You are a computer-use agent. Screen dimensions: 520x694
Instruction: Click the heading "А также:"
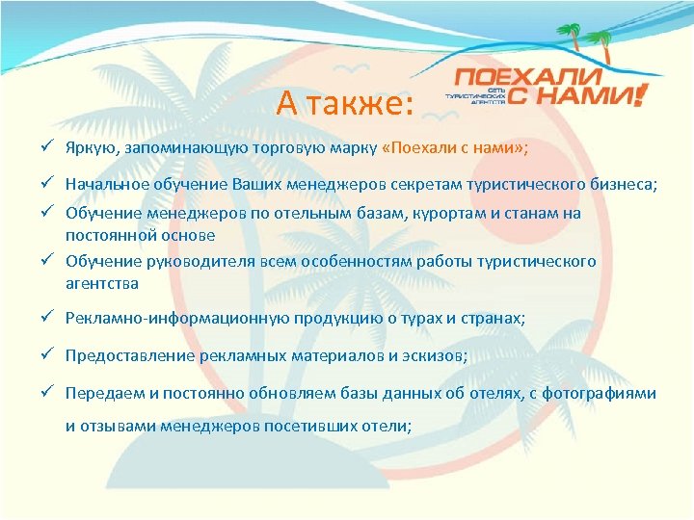[344, 101]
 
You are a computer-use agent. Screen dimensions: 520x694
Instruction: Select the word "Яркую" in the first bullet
[89, 150]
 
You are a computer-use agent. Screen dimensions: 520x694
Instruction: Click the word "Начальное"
[104, 183]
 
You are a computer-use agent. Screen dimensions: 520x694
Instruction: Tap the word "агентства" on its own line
[101, 283]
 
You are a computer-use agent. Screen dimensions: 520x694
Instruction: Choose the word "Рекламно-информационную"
[160, 319]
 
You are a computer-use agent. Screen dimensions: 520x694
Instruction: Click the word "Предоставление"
[130, 355]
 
